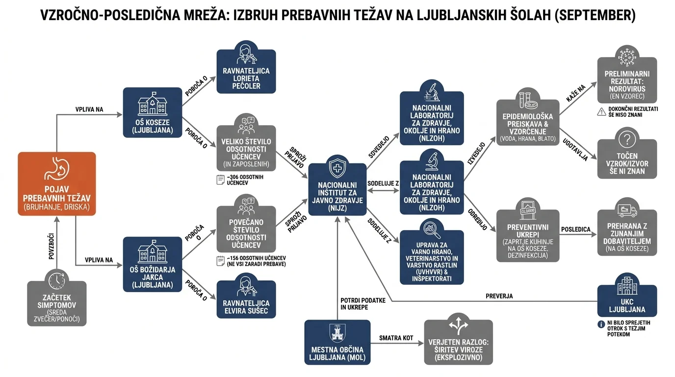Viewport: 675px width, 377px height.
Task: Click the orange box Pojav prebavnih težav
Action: (x=56, y=184)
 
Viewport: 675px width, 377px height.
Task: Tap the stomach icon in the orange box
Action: (x=57, y=168)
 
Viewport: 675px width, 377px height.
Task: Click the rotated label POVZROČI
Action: (x=52, y=246)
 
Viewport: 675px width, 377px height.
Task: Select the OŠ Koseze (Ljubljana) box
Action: (x=153, y=112)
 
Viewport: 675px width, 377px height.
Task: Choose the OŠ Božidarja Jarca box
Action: (x=153, y=264)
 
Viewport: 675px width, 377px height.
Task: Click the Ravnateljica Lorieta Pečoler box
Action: (x=246, y=72)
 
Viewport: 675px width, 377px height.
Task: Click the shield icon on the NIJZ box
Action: (x=337, y=167)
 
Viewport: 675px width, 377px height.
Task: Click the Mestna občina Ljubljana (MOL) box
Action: (x=337, y=342)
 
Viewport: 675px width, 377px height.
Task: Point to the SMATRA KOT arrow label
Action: (x=396, y=338)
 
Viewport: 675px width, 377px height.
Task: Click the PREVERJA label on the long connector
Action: (x=499, y=296)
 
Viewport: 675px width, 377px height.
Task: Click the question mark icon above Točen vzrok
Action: (x=627, y=139)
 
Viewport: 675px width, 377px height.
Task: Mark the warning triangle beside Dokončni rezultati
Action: (x=601, y=112)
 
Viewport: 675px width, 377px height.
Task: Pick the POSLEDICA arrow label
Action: (x=575, y=229)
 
